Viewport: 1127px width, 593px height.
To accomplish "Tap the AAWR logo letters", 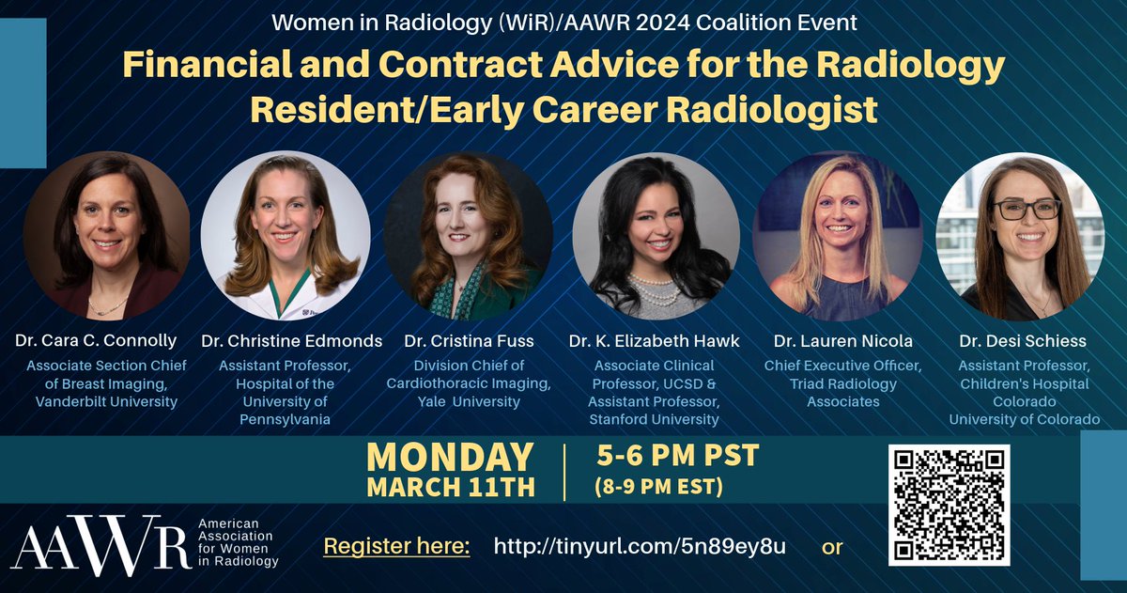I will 100,545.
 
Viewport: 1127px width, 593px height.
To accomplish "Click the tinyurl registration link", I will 640,547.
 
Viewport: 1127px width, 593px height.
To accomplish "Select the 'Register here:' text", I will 396,547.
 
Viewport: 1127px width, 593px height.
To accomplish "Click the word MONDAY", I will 450,458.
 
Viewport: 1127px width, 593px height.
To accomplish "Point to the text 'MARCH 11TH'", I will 450,488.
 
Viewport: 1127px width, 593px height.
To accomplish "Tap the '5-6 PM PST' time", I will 677,458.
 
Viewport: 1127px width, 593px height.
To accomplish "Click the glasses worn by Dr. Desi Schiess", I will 1027,209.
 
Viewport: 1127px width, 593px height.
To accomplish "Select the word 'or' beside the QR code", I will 832,547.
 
